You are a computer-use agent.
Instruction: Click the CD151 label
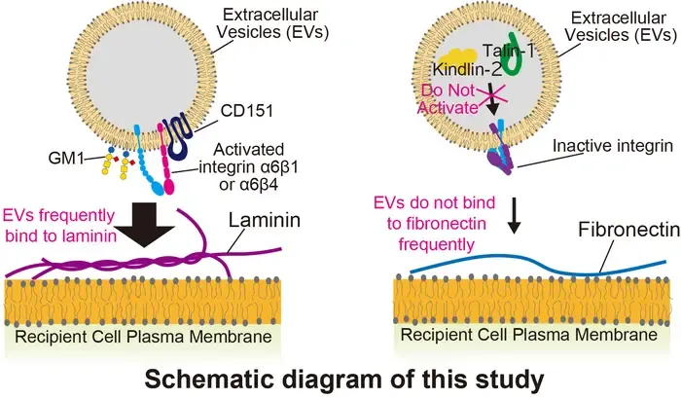(x=247, y=111)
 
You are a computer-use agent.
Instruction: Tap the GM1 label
(x=66, y=159)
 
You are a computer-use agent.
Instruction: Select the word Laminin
(x=265, y=220)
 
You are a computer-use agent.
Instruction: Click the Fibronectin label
(x=628, y=230)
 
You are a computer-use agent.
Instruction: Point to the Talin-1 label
(x=508, y=51)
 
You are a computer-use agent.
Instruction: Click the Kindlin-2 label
(x=467, y=69)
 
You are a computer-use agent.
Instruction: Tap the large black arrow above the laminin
(x=145, y=225)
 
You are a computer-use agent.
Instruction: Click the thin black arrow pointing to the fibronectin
(x=514, y=215)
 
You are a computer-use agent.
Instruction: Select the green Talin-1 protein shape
(x=516, y=55)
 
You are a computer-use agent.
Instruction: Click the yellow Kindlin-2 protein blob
(x=457, y=57)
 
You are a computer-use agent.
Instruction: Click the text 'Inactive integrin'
(x=613, y=146)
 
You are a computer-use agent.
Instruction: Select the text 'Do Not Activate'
(x=448, y=99)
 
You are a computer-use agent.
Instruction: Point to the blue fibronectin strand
(x=538, y=264)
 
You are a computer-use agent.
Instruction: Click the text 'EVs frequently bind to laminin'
(x=60, y=226)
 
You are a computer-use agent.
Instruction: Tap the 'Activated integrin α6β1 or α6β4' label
(x=248, y=167)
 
